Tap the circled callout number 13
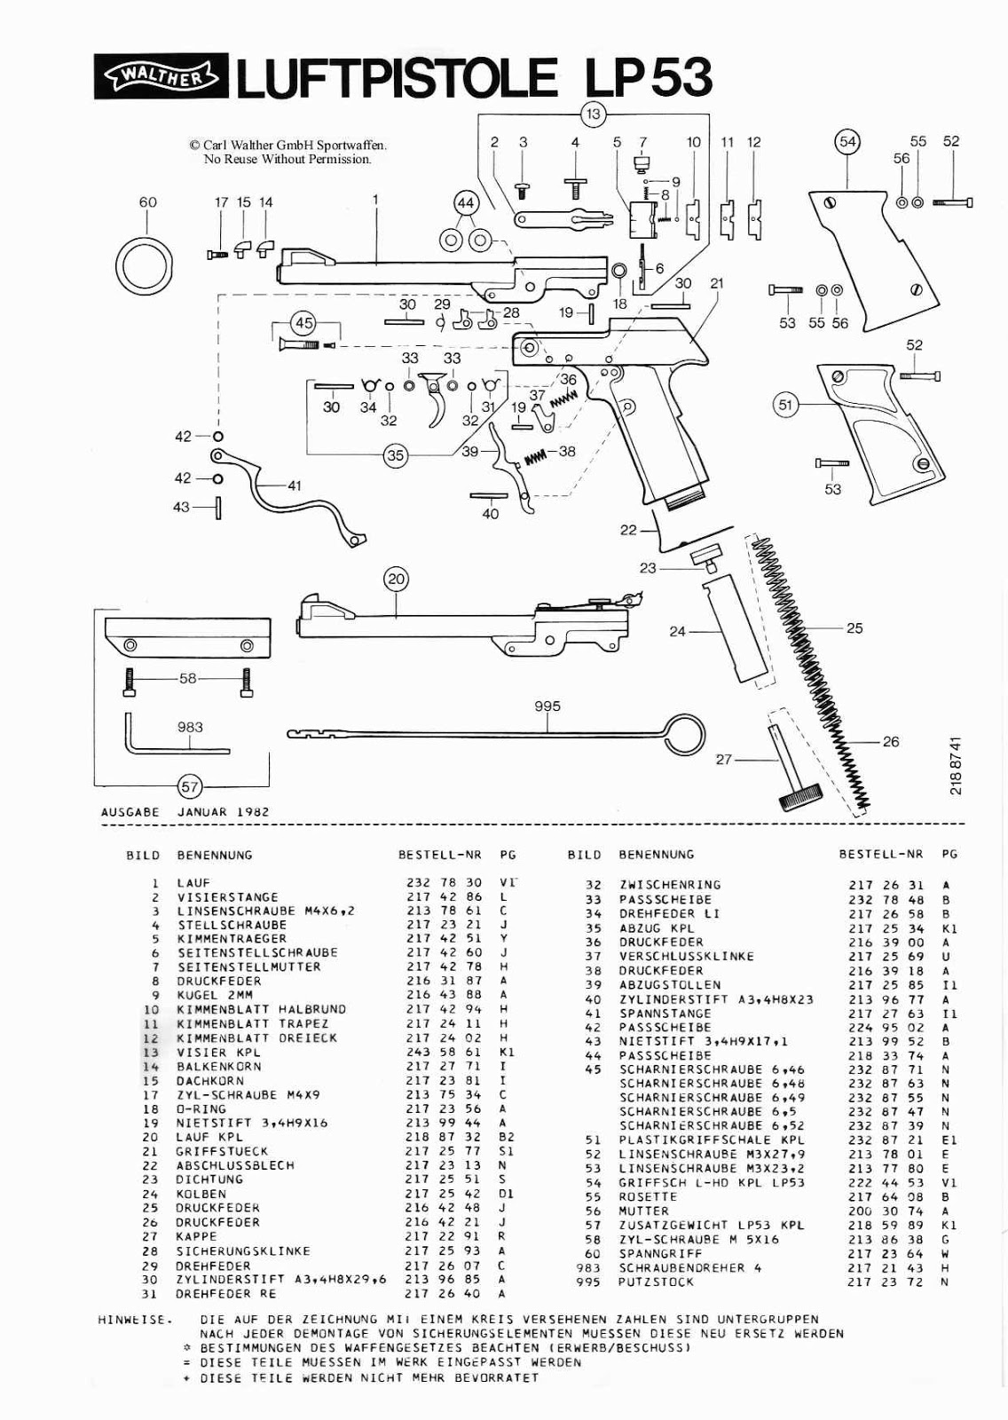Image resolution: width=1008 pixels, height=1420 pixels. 593,113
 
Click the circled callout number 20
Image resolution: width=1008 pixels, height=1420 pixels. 396,580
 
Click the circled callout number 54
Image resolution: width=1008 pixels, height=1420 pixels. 848,141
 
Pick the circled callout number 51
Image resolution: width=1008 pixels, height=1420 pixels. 784,406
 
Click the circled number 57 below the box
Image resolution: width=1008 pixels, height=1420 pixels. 190,786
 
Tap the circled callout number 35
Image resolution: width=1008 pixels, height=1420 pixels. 395,455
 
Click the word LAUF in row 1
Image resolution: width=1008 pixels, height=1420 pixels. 193,883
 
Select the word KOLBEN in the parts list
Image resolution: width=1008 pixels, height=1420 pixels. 201,1194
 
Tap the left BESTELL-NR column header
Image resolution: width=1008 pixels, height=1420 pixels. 439,855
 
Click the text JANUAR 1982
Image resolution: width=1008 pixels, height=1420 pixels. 223,811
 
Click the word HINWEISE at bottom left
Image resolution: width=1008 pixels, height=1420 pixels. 132,1320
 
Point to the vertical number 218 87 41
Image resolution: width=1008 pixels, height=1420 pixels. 955,765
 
